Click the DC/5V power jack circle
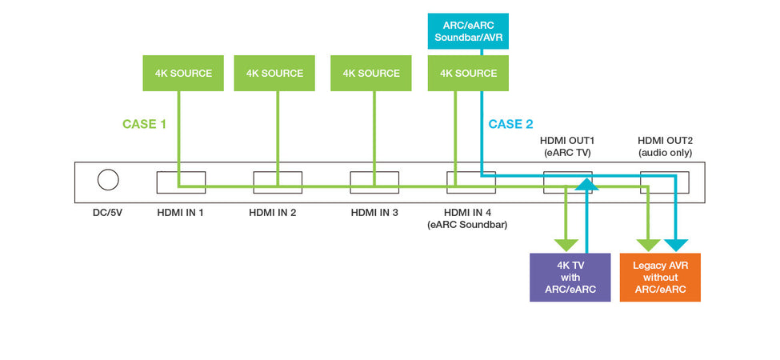[x=108, y=181]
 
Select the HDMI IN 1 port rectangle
[x=181, y=182]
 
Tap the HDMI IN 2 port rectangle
[x=278, y=182]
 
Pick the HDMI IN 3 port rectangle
[x=374, y=182]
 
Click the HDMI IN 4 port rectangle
[x=471, y=182]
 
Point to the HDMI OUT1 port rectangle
[x=567, y=182]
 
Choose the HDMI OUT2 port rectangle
[x=664, y=182]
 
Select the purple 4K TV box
[x=570, y=277]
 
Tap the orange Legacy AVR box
[x=660, y=277]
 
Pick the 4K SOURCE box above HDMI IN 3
[x=371, y=73]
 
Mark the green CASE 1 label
[x=145, y=124]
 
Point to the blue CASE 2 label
[x=510, y=124]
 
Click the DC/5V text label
[x=108, y=212]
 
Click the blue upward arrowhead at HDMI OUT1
[x=586, y=185]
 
